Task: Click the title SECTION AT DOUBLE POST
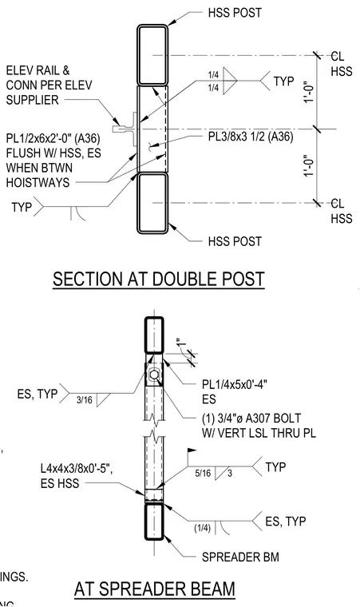tap(158, 279)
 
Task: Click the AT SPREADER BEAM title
tap(154, 589)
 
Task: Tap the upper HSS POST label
tap(235, 13)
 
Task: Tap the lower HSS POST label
tap(235, 241)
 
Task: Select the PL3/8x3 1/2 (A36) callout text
tap(248, 137)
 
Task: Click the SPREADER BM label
tap(240, 557)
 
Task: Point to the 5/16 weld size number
tap(204, 473)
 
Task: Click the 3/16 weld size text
tap(85, 399)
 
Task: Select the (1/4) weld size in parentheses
tap(203, 528)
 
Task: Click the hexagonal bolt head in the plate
tap(154, 375)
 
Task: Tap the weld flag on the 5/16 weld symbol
tap(192, 451)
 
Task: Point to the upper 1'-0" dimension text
tap(308, 92)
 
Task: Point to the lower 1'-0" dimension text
tap(308, 165)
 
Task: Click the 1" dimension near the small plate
tap(180, 343)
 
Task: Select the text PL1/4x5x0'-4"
tap(235, 385)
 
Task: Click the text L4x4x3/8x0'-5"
tap(77, 469)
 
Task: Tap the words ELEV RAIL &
tap(38, 70)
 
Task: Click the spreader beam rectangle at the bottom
tap(154, 521)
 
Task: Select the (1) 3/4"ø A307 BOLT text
tap(251, 419)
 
